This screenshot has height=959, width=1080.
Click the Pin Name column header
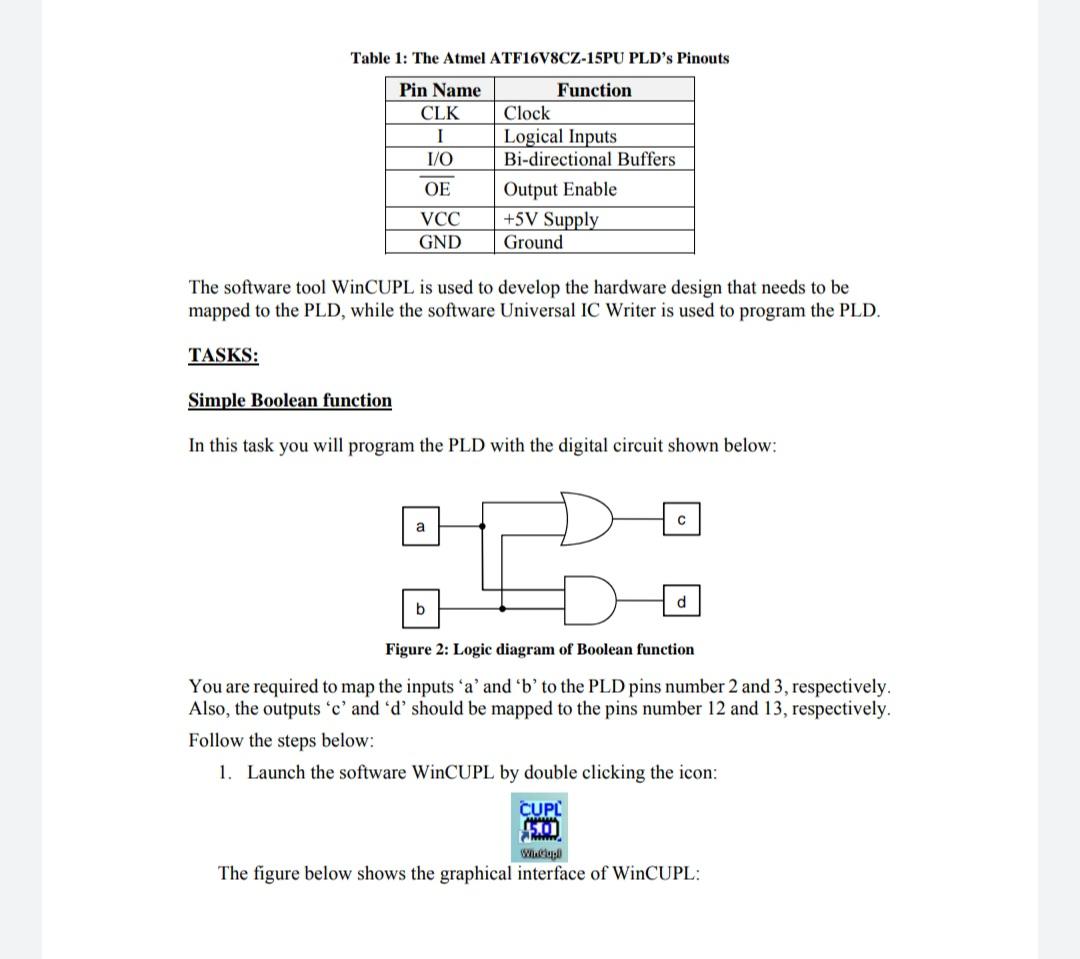[440, 90]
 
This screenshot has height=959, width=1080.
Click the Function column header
[594, 90]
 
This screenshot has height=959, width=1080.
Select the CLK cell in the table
[440, 113]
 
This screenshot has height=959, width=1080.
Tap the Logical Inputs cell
[560, 136]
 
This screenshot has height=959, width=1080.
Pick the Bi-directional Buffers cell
[589, 159]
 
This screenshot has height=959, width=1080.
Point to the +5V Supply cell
[550, 219]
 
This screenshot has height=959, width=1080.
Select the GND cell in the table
[440, 242]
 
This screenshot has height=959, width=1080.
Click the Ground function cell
[533, 242]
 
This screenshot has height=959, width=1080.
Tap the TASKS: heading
[223, 355]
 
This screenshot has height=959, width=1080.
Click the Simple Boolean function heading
[290, 401]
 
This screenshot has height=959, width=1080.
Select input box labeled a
[420, 526]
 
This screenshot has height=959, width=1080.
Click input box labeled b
[420, 608]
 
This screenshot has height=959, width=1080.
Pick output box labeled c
[680, 520]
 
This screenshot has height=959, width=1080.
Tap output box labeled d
[681, 602]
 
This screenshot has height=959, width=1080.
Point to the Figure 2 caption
[539, 650]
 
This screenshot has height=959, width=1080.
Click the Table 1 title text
[539, 58]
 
